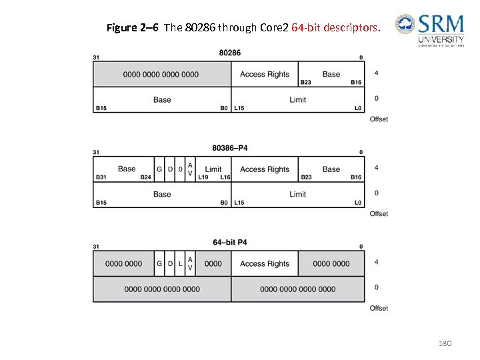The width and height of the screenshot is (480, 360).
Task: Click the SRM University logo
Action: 430,30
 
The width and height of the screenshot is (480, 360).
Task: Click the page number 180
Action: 445,343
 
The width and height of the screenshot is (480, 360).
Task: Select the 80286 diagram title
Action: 230,53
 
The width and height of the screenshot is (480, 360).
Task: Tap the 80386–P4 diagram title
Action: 230,147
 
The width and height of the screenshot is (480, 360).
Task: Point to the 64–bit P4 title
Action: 230,242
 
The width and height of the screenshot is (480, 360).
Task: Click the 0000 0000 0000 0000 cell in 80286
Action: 161,74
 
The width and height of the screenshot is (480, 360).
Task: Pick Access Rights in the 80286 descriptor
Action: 265,74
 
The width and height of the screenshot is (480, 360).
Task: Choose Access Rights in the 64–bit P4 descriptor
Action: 265,263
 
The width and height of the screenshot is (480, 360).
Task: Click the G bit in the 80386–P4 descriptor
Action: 159,169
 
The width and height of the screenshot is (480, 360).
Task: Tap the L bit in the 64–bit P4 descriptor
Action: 180,263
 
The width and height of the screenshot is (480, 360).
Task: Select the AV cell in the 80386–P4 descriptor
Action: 190,169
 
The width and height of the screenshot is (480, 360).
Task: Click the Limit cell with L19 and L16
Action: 213,169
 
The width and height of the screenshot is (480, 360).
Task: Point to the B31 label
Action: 101,177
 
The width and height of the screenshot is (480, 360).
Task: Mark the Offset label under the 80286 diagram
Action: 379,119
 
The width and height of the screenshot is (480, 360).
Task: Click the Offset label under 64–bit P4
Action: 379,309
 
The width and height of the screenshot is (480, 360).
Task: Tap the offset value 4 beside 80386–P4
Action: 377,167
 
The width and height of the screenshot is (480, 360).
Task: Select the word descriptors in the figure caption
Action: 351,29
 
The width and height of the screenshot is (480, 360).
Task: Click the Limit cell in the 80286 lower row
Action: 298,100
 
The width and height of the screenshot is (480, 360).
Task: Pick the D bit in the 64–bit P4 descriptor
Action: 170,263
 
